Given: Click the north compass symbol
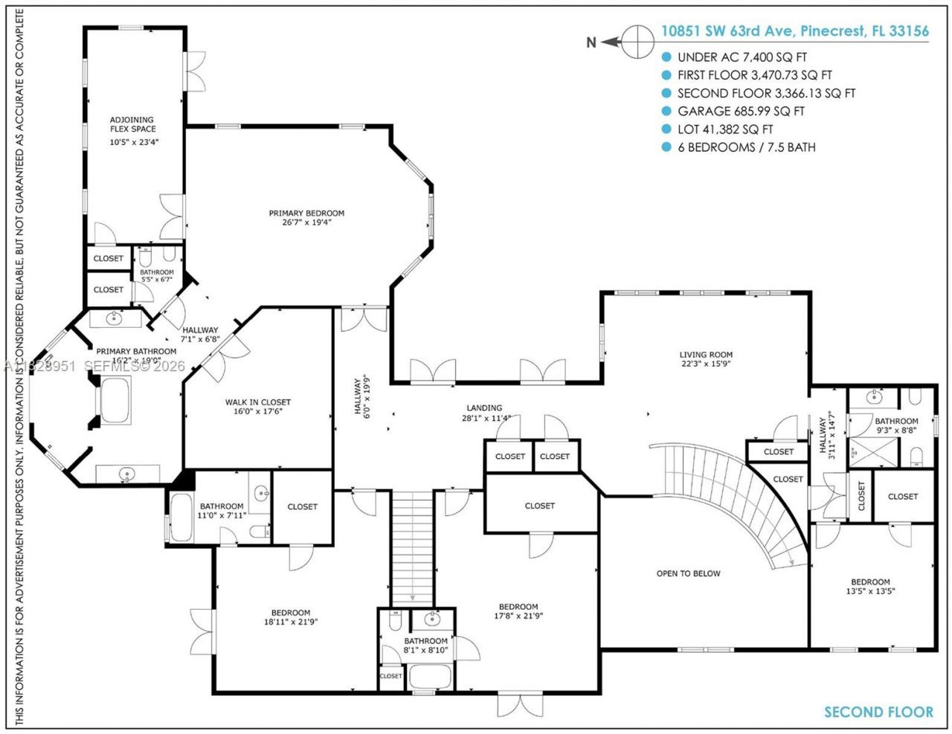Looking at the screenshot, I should click(637, 41).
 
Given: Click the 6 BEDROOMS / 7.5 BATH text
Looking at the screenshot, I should click(746, 147).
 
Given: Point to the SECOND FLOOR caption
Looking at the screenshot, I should click(878, 712).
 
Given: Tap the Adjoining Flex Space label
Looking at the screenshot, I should click(132, 129).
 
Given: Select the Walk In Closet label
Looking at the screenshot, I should click(258, 406).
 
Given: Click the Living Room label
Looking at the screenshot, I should click(706, 359).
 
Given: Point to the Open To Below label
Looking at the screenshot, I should click(688, 573).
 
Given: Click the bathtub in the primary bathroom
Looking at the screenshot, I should click(115, 400).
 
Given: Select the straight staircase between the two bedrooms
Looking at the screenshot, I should click(411, 547).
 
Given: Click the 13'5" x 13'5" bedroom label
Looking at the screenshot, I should click(870, 587).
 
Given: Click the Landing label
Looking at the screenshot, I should click(484, 413).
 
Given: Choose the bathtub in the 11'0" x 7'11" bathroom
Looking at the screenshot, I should click(181, 518).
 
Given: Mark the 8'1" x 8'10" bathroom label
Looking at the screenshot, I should click(425, 645).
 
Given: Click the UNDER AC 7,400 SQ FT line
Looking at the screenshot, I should click(742, 57).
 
